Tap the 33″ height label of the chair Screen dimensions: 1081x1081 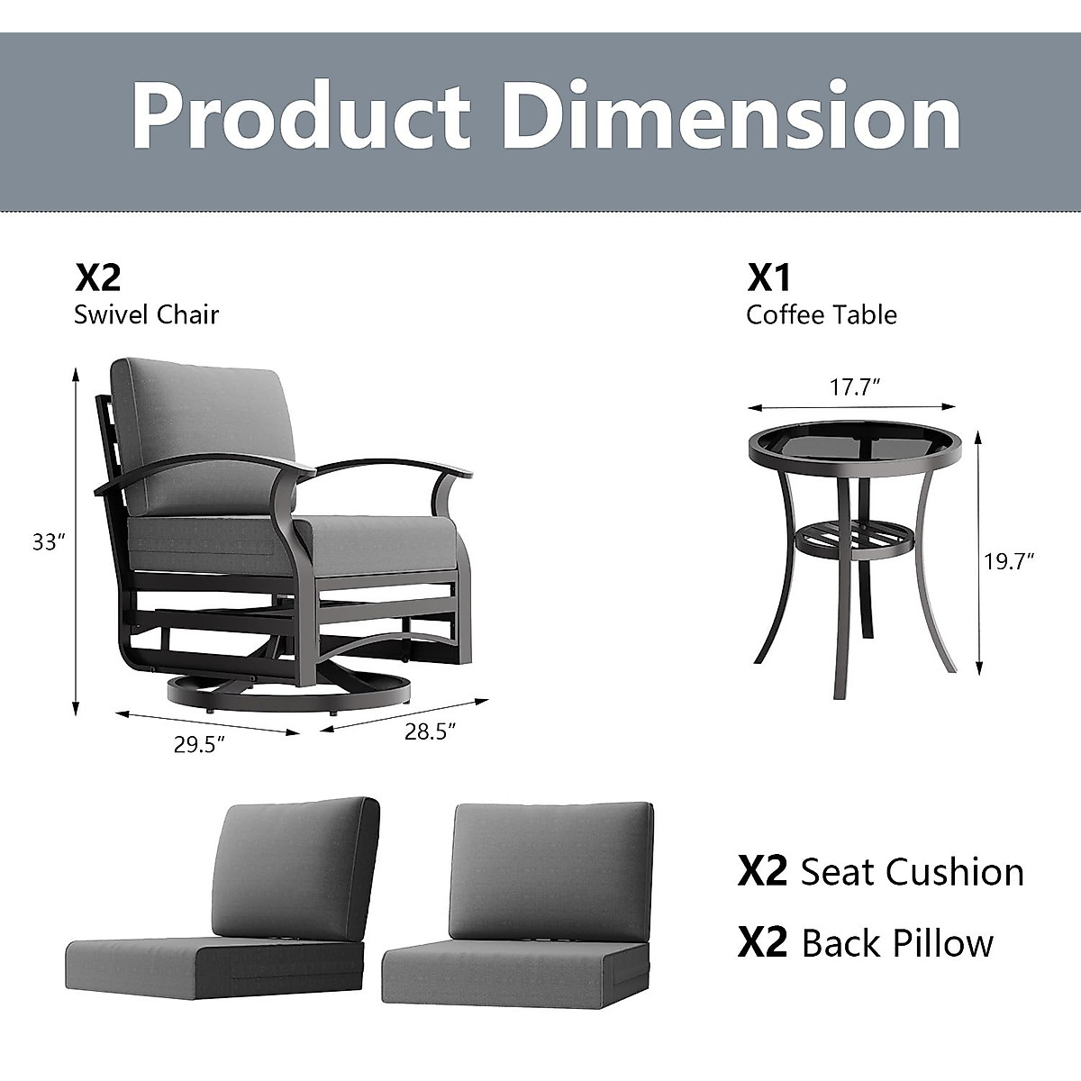(x=49, y=542)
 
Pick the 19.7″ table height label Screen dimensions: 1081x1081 (x=1008, y=560)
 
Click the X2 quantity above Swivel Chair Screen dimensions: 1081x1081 (x=97, y=277)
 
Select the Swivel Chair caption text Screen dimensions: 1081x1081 (x=147, y=314)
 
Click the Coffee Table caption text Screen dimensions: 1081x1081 (x=822, y=314)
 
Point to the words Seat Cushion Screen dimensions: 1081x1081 (x=912, y=872)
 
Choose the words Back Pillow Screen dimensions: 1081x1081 (x=897, y=943)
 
